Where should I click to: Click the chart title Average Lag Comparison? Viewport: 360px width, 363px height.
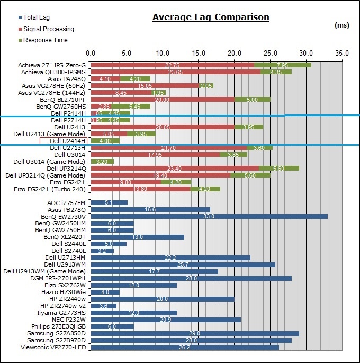(x=211, y=17)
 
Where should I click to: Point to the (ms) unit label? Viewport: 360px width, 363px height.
(x=343, y=25)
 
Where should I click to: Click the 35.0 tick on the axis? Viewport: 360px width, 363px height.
(x=342, y=54)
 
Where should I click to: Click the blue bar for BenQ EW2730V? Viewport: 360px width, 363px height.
(x=209, y=216)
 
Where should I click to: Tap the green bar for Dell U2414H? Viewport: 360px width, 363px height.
(x=105, y=141)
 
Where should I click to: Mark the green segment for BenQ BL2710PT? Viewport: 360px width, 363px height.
(x=252, y=99)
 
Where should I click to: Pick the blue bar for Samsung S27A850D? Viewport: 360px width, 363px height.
(x=195, y=333)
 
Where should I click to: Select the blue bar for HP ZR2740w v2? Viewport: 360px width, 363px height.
(x=104, y=306)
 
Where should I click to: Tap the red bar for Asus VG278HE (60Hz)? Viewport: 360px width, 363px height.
(x=145, y=85)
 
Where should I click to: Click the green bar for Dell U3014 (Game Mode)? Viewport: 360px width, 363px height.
(x=102, y=161)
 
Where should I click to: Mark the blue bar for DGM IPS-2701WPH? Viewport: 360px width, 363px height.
(x=191, y=278)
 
